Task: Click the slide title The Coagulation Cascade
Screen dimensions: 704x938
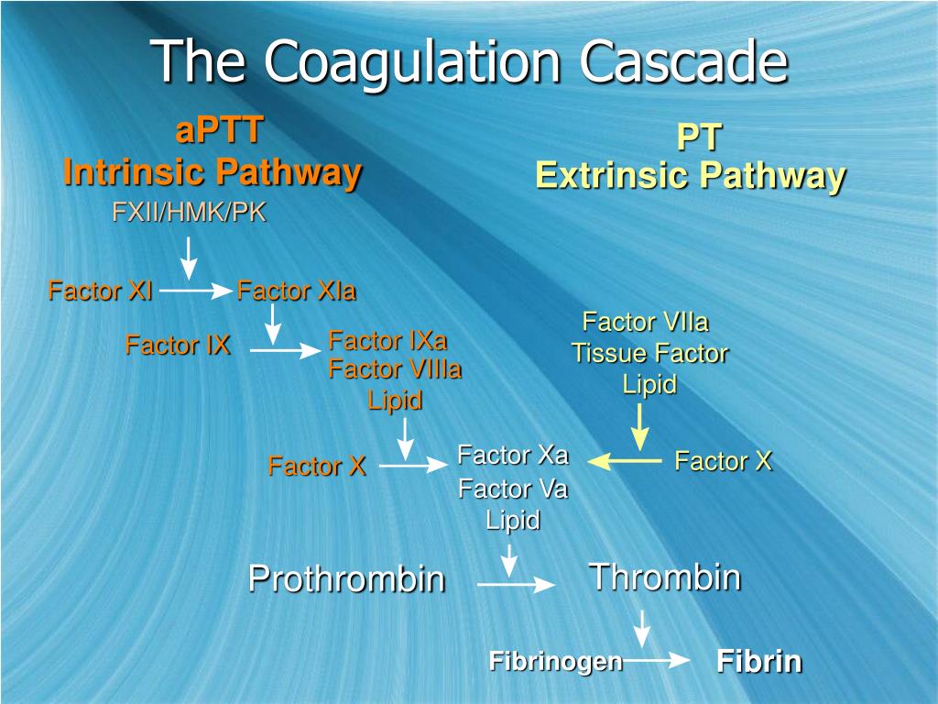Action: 469,62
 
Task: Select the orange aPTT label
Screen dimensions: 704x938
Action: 219,131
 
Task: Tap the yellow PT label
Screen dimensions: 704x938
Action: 699,137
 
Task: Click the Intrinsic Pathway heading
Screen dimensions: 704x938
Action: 212,171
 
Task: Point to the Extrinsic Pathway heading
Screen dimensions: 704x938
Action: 690,175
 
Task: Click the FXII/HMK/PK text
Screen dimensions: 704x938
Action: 189,214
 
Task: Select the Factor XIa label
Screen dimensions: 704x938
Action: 296,291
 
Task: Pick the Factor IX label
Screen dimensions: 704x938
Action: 178,346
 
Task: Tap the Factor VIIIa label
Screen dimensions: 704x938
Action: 395,369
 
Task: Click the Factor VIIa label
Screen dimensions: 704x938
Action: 646,323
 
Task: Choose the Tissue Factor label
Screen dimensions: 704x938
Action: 649,353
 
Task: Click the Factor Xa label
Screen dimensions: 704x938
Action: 513,455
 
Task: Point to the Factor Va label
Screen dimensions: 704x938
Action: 513,489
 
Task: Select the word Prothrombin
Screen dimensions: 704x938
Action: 346,578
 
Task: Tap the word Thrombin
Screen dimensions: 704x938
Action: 664,577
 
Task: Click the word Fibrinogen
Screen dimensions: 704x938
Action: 555,660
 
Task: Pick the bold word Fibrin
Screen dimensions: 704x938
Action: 758,661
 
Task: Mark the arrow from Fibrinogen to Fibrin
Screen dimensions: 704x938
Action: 657,659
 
